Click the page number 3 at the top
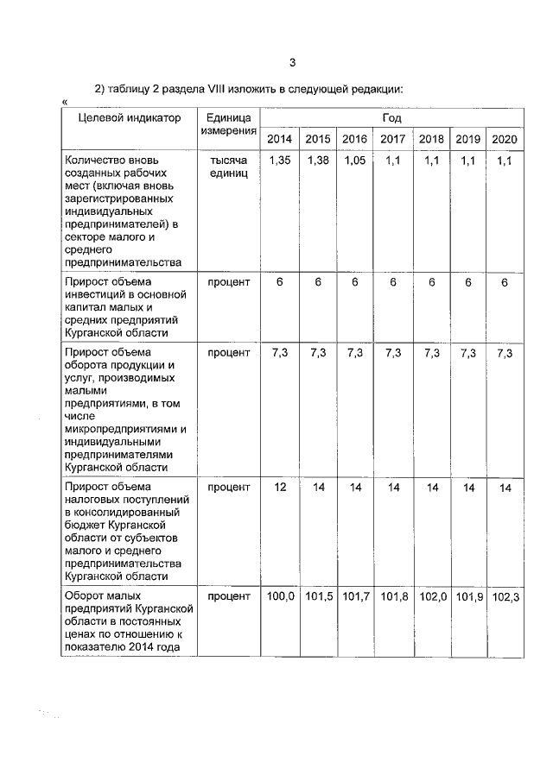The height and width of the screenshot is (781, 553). [292, 62]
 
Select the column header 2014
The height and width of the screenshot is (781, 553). [279, 139]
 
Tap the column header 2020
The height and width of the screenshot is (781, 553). [504, 139]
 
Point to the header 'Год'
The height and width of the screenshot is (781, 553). [391, 118]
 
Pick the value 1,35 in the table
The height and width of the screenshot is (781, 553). [279, 161]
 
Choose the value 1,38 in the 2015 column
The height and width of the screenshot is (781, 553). [318, 161]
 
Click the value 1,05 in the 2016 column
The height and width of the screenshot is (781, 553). [355, 161]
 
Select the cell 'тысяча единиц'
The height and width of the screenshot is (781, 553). [228, 167]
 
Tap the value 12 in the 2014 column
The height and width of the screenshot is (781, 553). [279, 488]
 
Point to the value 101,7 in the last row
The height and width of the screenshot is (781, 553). [355, 596]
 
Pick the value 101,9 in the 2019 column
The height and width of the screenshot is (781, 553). [468, 596]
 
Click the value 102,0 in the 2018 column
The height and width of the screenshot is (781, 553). [431, 596]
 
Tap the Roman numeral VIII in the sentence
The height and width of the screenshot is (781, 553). [228, 89]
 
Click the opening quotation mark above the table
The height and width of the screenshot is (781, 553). [66, 103]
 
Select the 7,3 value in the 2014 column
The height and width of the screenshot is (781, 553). [279, 353]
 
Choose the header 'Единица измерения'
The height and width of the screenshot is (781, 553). [228, 124]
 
